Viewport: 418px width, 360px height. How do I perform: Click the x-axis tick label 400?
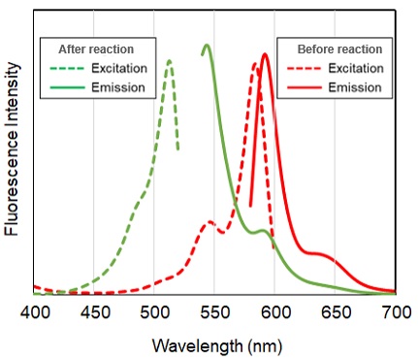[35, 313]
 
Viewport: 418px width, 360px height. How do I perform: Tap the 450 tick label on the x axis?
[95, 313]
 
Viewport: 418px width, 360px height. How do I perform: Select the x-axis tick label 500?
[155, 313]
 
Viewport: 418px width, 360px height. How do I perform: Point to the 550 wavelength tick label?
[215, 313]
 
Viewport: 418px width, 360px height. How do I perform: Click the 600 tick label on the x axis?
[275, 313]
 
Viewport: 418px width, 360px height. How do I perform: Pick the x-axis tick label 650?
[336, 313]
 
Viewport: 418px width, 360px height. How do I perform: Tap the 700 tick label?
[395, 313]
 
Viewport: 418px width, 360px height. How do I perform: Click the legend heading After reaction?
[96, 49]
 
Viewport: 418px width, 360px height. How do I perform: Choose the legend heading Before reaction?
[338, 49]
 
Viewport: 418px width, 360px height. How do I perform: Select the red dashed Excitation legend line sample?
[305, 68]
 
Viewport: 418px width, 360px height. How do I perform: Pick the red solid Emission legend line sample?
[305, 87]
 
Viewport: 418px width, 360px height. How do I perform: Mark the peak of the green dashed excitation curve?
[170, 61]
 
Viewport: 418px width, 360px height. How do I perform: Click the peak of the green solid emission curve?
[207, 45]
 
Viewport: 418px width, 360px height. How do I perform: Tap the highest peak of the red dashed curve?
[255, 64]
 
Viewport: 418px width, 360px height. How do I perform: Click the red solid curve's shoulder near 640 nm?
[320, 253]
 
